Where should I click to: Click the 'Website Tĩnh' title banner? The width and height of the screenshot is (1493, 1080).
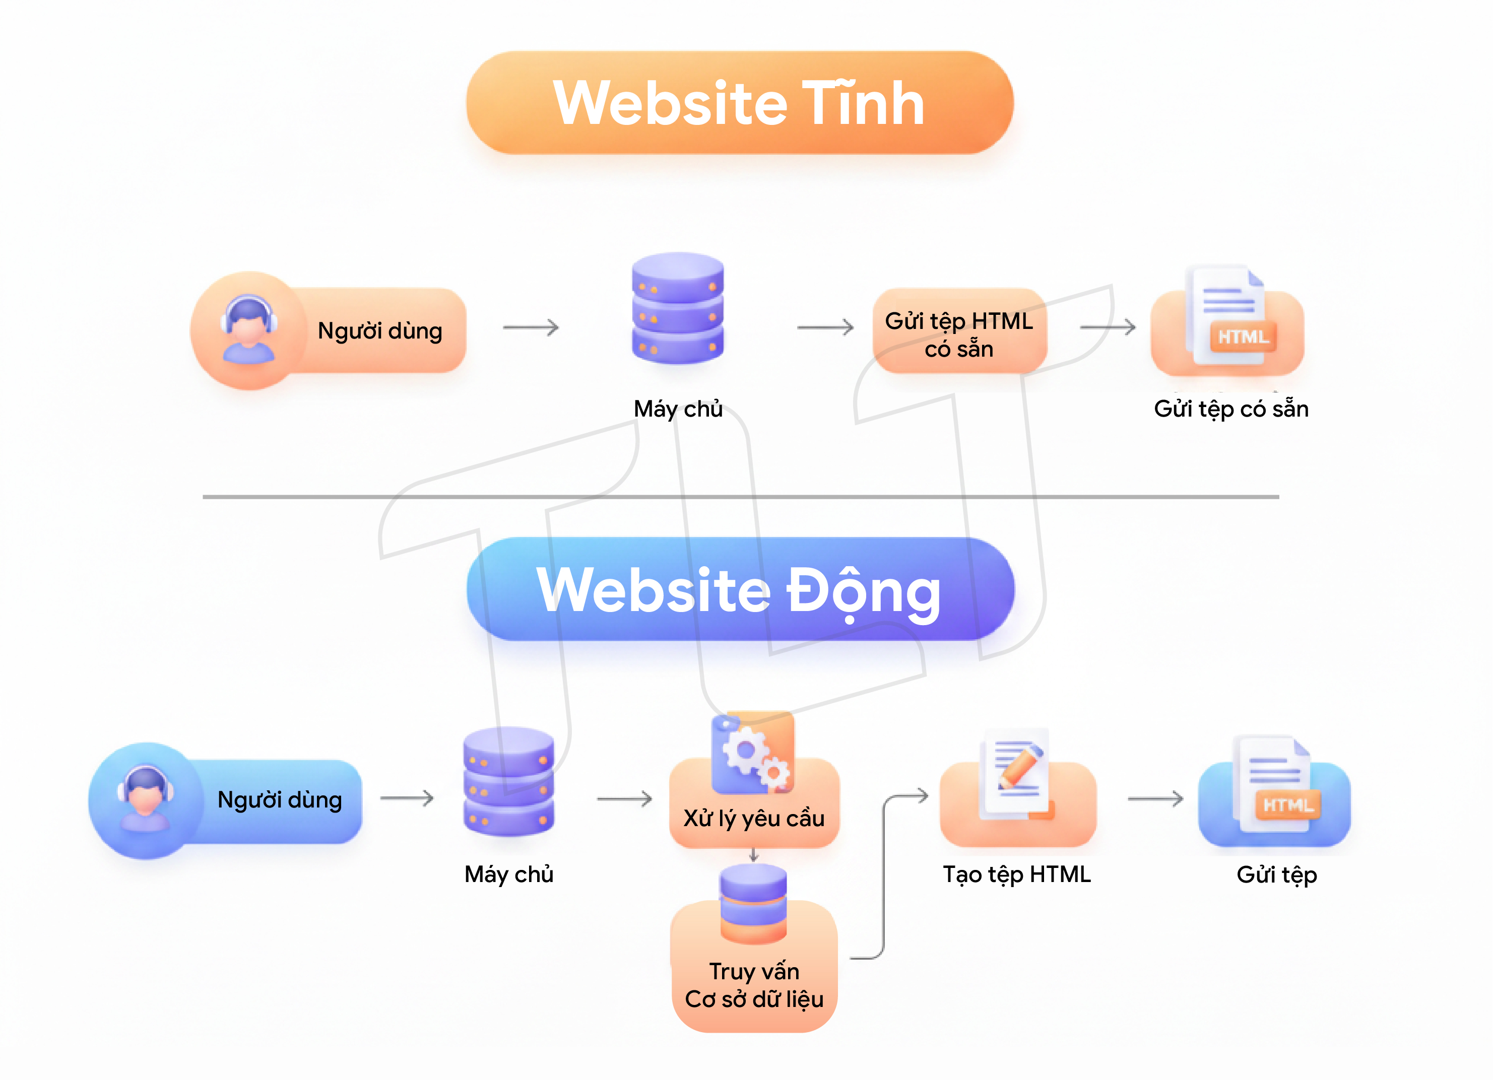pyautogui.click(x=739, y=103)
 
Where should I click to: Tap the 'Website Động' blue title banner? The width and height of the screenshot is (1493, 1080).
pyautogui.click(x=740, y=589)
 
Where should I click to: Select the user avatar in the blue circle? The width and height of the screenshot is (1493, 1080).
pyautogui.click(x=146, y=799)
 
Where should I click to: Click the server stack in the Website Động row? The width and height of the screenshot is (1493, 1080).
pyautogui.click(x=508, y=781)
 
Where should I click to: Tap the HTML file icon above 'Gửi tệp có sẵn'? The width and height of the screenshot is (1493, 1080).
pyautogui.click(x=1228, y=318)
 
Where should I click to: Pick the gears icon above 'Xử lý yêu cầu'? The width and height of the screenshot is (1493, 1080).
pyautogui.click(x=753, y=754)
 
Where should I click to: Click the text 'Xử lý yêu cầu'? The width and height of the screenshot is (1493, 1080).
pyautogui.click(x=754, y=818)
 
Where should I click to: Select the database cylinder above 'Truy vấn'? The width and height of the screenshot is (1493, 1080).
pyautogui.click(x=753, y=903)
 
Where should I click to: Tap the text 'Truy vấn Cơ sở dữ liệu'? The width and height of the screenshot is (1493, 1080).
pyautogui.click(x=754, y=985)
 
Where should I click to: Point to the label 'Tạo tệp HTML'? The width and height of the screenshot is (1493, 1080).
pyautogui.click(x=1016, y=874)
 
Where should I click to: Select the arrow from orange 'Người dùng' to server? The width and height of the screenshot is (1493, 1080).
pyautogui.click(x=531, y=327)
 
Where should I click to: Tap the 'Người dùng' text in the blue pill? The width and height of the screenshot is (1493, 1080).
pyautogui.click(x=280, y=799)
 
